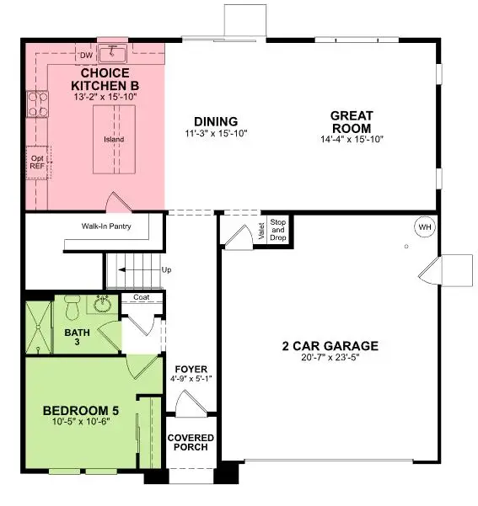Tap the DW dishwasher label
tap(86, 56)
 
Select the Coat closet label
tap(140, 297)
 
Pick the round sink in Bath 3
tap(103, 304)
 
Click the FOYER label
tap(191, 370)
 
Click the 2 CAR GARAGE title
tap(330, 346)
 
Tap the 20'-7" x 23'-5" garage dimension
tap(330, 358)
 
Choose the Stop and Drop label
tap(278, 229)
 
